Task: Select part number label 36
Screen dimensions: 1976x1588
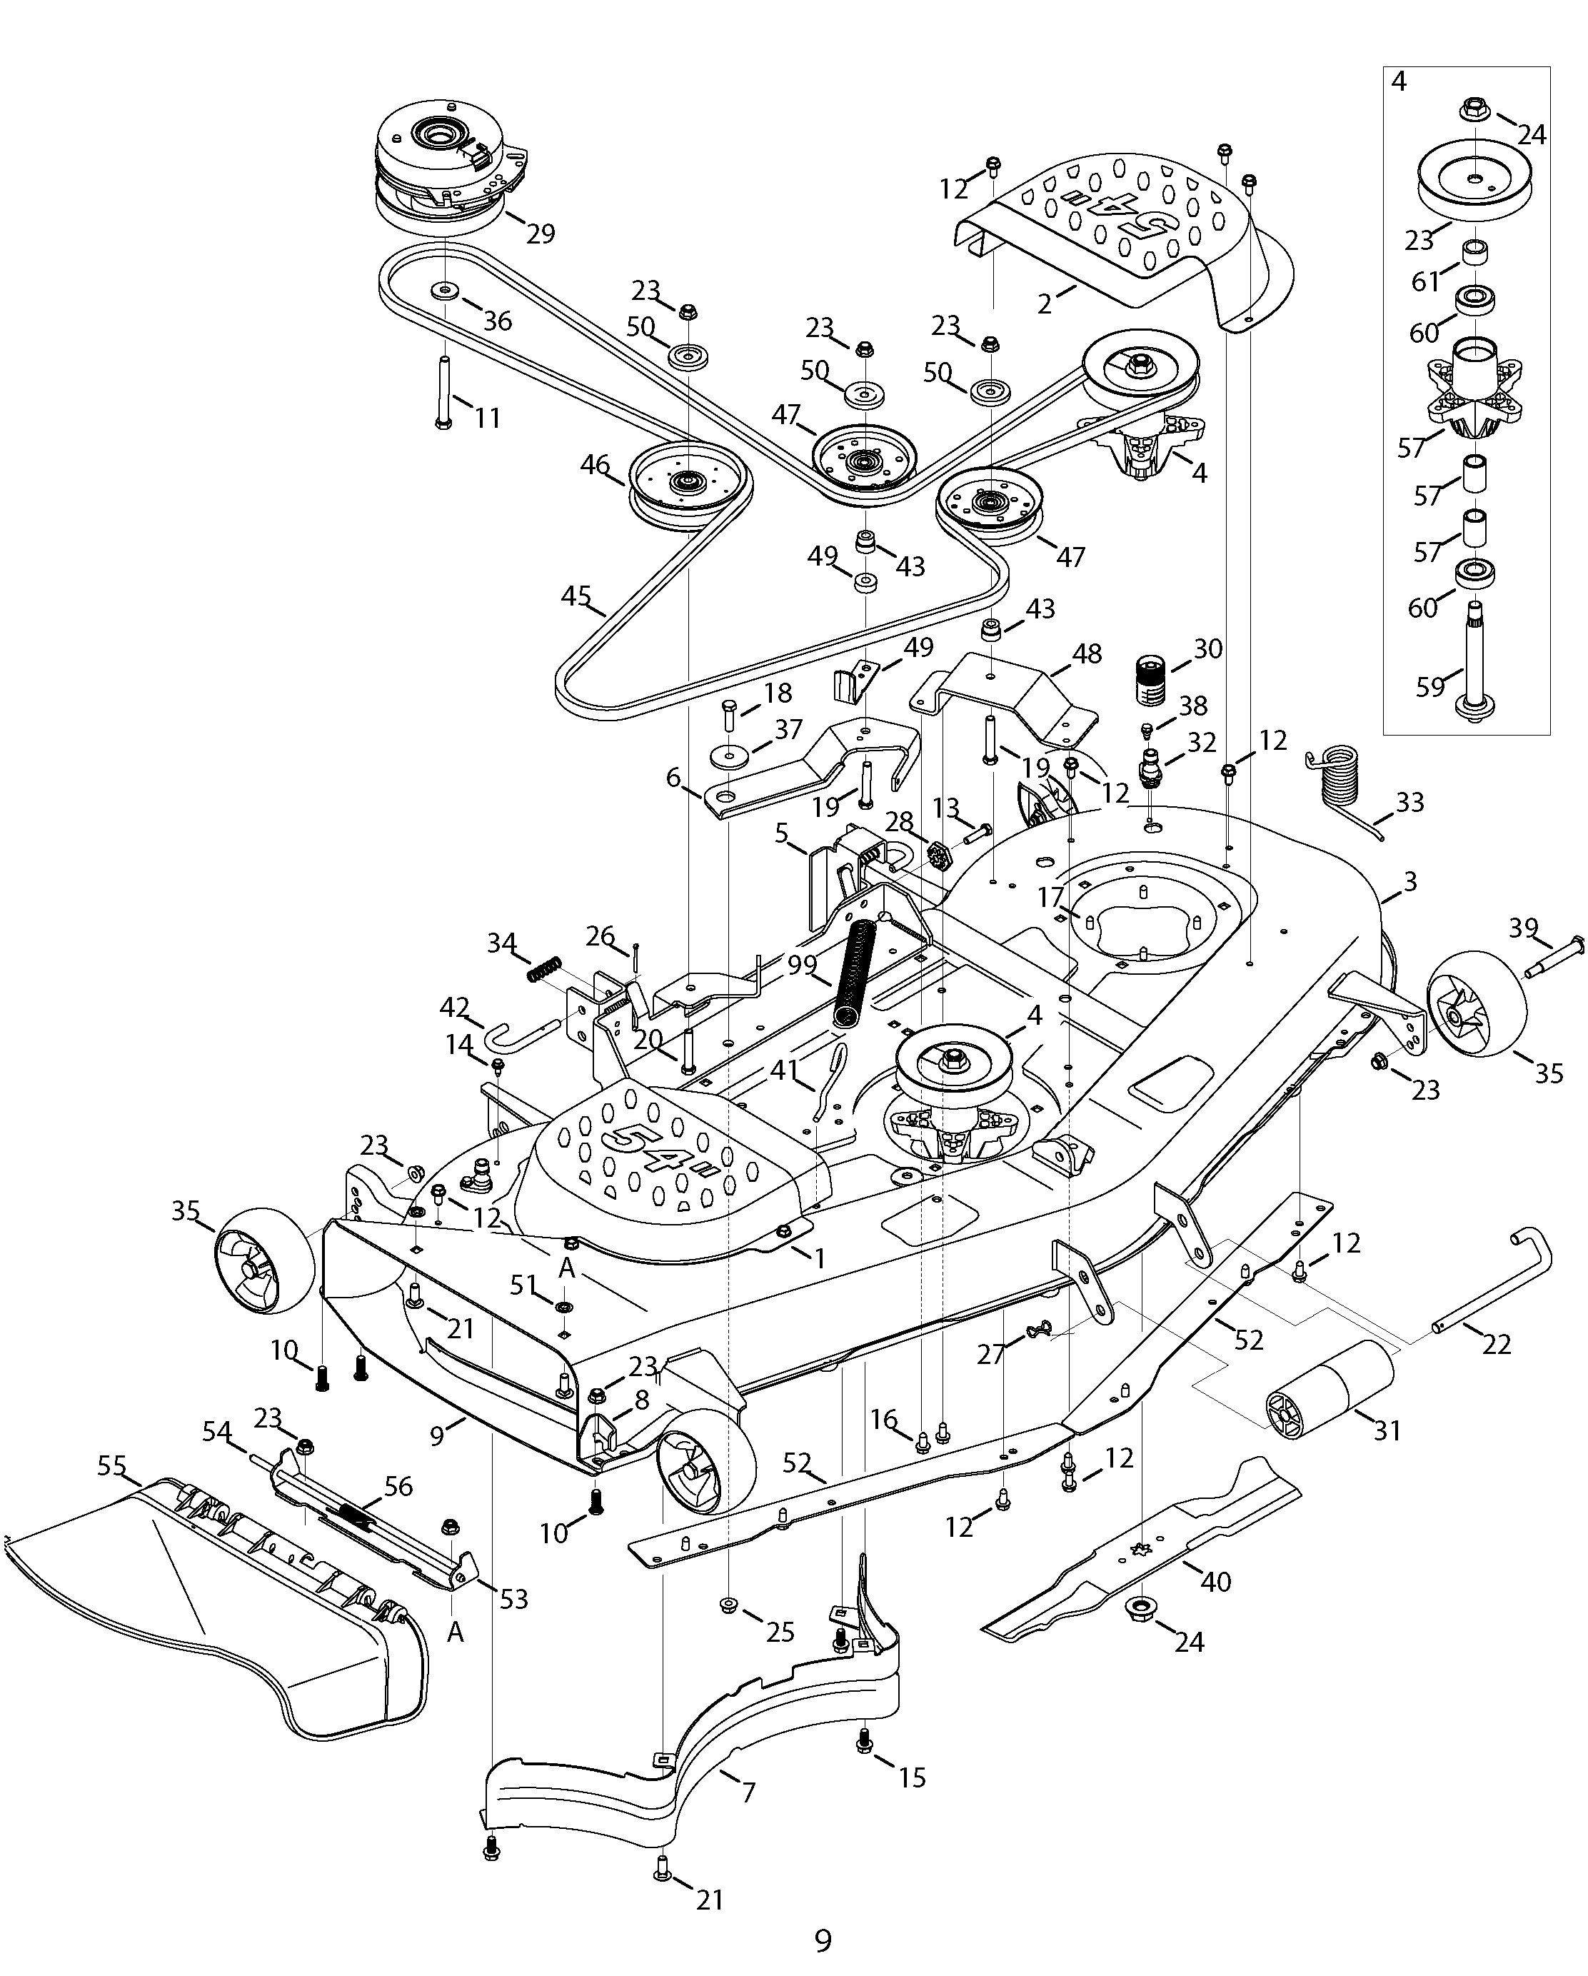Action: coord(498,321)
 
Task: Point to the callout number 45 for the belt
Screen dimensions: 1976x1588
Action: coord(576,596)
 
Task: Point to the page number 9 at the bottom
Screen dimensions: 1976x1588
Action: coord(823,1940)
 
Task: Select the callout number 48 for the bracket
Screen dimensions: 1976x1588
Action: coord(1087,653)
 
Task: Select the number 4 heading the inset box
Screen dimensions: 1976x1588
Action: coord(1398,81)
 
